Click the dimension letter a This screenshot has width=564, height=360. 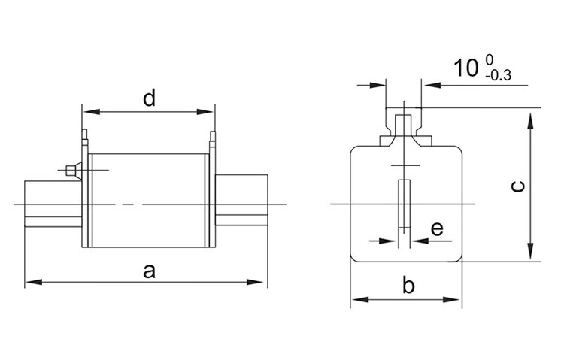(x=149, y=271)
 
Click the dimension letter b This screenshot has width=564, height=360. (x=408, y=285)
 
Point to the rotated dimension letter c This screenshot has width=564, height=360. (x=518, y=186)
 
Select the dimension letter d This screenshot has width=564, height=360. (x=149, y=98)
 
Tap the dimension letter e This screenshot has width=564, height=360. (x=437, y=228)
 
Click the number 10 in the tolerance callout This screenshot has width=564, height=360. (x=465, y=68)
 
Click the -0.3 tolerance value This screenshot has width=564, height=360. (x=498, y=76)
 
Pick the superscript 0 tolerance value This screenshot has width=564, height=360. (x=490, y=59)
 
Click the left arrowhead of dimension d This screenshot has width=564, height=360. (x=92, y=112)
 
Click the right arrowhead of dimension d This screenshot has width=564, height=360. (x=205, y=112)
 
